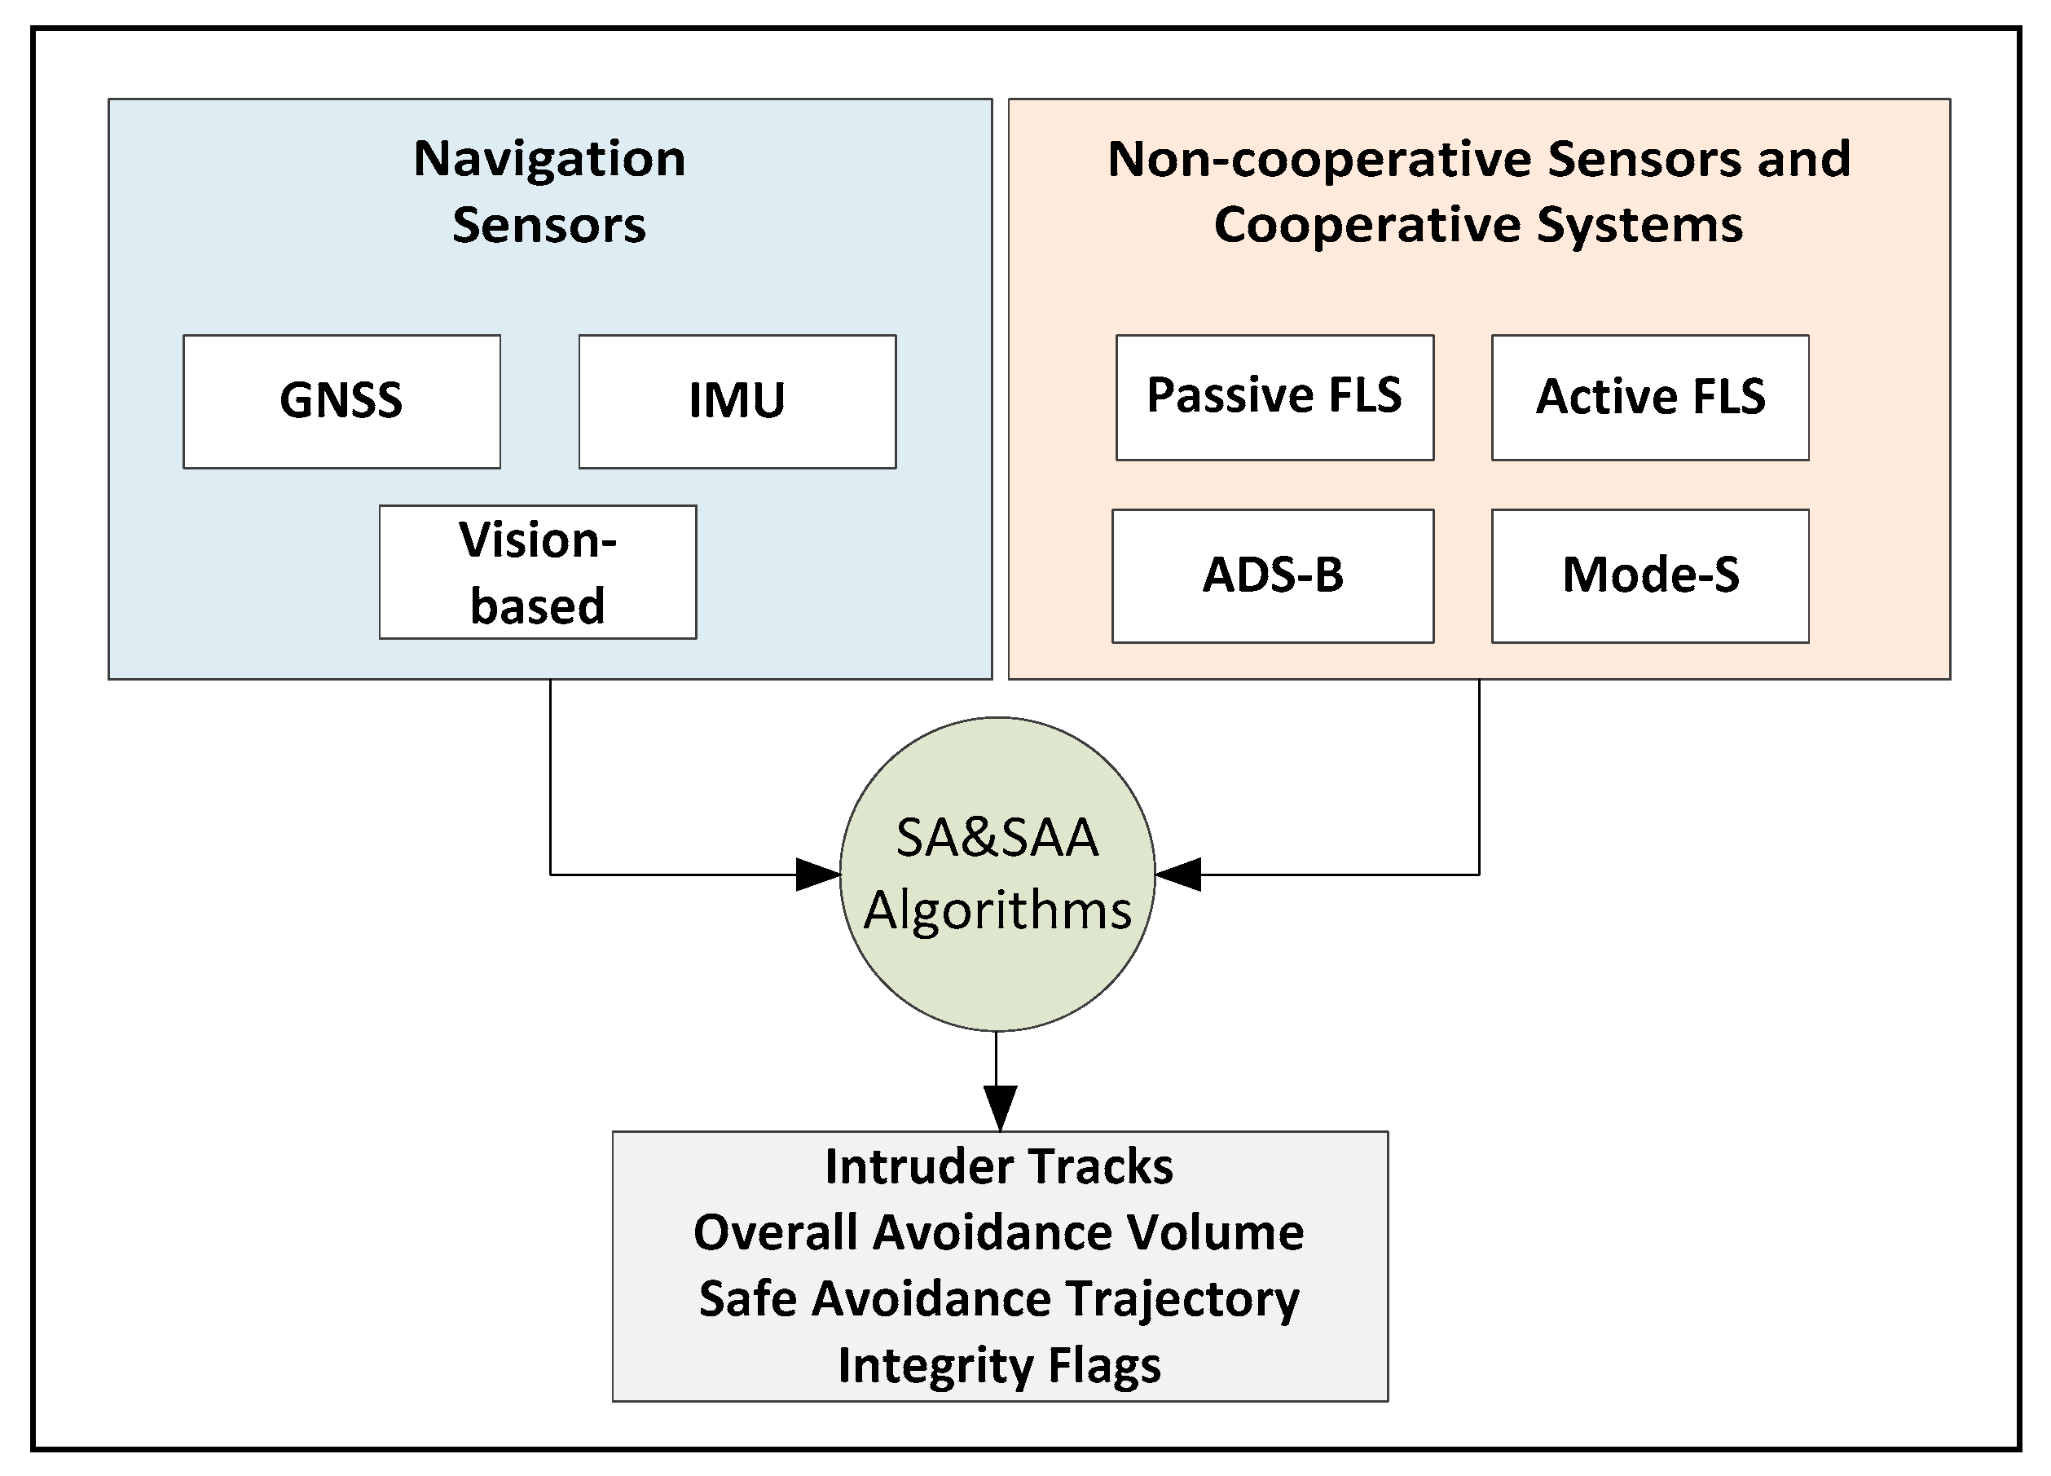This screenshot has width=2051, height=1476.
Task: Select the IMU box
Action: click(737, 402)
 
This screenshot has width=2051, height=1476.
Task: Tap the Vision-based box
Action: click(537, 572)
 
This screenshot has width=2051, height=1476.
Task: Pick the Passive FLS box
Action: click(1274, 397)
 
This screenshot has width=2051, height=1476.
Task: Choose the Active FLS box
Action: click(1649, 397)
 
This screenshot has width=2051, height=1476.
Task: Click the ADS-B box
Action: click(1272, 576)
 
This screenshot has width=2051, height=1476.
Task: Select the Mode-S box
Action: click(1649, 576)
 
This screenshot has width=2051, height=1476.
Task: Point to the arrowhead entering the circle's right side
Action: click(1177, 875)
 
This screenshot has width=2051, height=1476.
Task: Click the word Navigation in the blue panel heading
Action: click(549, 159)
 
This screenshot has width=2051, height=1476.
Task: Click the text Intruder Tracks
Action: click(998, 1166)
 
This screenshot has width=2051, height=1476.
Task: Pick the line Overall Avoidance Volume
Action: click(998, 1232)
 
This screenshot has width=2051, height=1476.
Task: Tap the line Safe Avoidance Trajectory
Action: click(998, 1300)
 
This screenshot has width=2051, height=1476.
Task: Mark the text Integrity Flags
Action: click(998, 1366)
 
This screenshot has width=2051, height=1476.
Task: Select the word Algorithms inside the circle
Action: click(997, 910)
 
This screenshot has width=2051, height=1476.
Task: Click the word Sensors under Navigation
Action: click(549, 225)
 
